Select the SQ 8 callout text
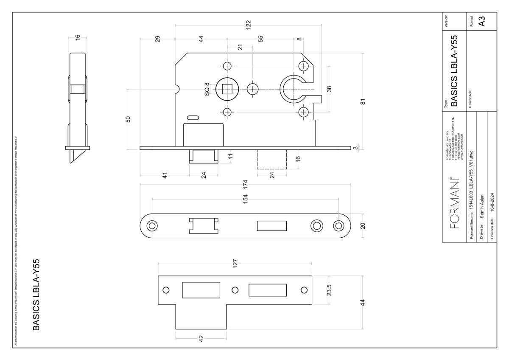207,89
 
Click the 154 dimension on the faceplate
245,199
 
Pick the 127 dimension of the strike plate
235,263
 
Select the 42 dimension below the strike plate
201,338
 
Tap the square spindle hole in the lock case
227,89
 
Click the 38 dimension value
329,89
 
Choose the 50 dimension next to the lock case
128,119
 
